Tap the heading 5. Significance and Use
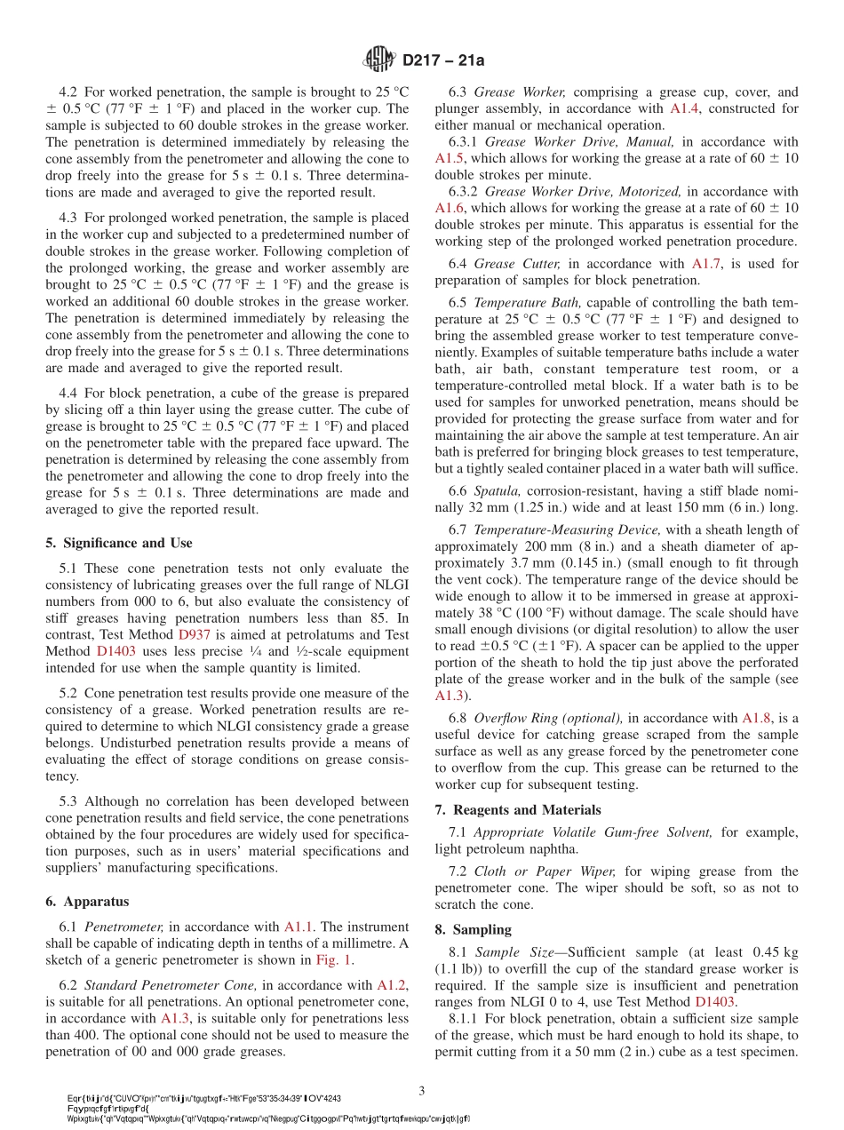[x=118, y=543]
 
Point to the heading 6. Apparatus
[x=86, y=901]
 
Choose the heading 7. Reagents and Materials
[x=517, y=809]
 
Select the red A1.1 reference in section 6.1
[x=301, y=927]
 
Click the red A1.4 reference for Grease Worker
[x=684, y=108]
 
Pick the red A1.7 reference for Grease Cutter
[x=706, y=264]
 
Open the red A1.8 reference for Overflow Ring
[x=756, y=718]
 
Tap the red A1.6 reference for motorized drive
[x=450, y=208]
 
